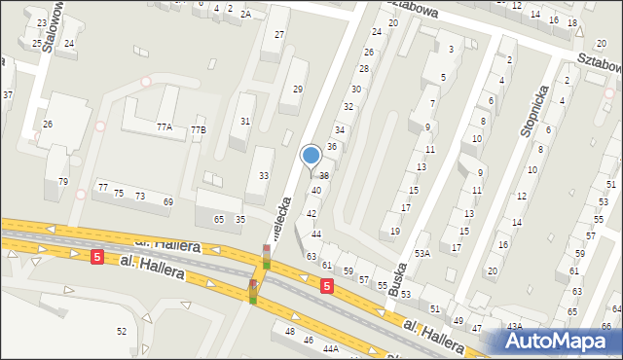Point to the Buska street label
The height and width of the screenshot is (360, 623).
[x=396, y=277]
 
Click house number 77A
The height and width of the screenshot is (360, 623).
[x=164, y=127]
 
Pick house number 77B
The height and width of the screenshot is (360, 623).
[x=198, y=129]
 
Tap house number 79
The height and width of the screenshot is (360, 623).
[x=62, y=181]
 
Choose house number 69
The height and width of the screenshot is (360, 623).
[x=167, y=201]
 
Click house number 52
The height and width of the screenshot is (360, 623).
[x=121, y=332]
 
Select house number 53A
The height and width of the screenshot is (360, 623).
[x=421, y=253]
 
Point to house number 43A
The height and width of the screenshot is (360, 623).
[x=514, y=326]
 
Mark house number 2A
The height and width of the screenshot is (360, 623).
[x=246, y=14]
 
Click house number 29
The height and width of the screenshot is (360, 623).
[x=298, y=90]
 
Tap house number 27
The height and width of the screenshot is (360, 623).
[x=278, y=35]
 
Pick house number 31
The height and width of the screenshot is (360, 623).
[x=245, y=122]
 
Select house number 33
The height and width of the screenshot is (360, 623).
[x=263, y=175]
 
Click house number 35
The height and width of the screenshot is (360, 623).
[x=240, y=220]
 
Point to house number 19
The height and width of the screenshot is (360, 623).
[x=394, y=231]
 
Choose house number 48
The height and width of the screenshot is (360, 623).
[x=289, y=332]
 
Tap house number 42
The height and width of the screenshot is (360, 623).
[x=311, y=213]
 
